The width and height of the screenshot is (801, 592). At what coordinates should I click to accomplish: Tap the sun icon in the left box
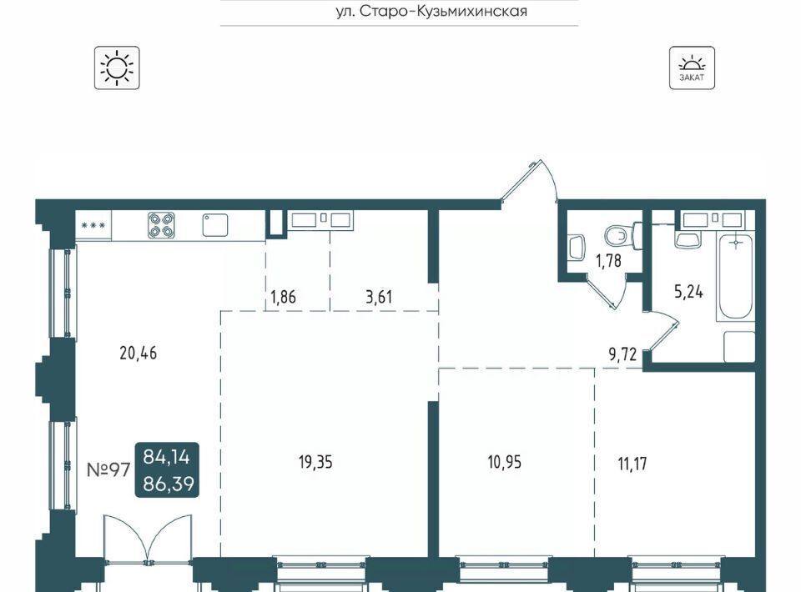[x=117, y=68]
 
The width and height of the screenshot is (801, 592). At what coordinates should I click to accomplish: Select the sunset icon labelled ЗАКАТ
[x=692, y=68]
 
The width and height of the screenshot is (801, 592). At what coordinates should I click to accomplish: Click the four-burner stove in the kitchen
[x=161, y=225]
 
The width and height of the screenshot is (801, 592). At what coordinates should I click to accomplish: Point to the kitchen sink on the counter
[x=215, y=225]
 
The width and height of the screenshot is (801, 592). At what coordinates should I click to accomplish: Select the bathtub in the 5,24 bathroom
[x=736, y=277]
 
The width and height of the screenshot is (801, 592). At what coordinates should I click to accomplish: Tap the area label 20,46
[x=138, y=353]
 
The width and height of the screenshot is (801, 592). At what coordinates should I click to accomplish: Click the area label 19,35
[x=315, y=463]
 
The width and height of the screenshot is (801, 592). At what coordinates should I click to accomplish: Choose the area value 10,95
[x=504, y=463]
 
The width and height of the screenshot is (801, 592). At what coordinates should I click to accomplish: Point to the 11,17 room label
[x=632, y=464]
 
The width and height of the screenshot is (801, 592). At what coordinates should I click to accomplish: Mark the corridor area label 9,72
[x=622, y=354]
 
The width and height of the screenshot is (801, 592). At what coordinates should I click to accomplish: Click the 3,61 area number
[x=379, y=297]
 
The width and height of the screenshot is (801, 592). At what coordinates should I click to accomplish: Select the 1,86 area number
[x=283, y=297]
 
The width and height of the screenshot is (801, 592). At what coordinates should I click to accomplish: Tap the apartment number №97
[x=108, y=469]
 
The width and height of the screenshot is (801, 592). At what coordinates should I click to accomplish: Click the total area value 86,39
[x=169, y=483]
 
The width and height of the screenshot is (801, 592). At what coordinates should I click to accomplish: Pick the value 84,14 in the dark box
[x=167, y=457]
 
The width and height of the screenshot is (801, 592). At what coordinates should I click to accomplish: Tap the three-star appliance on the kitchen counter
[x=93, y=225]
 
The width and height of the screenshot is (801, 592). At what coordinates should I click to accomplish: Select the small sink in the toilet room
[x=577, y=248]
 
